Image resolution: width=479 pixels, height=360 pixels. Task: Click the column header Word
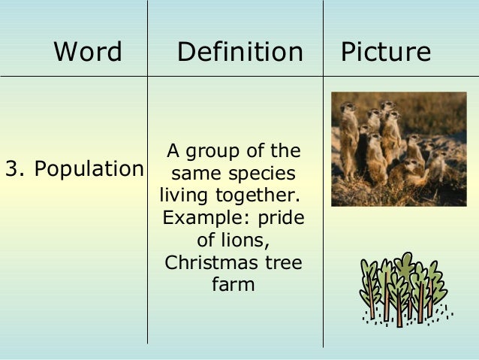88,52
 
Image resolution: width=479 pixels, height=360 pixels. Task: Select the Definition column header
240,52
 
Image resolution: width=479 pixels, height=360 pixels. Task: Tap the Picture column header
386,52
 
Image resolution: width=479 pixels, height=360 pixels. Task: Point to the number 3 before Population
12,169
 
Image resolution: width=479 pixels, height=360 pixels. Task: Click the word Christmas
205,263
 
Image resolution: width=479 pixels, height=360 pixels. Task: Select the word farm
233,286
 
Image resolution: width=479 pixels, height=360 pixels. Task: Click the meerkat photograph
399,149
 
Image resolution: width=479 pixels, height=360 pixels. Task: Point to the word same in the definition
193,174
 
